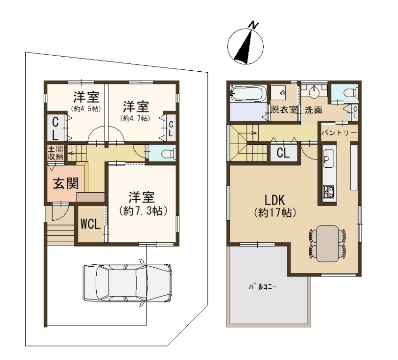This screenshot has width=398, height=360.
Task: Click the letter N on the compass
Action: click(x=253, y=25)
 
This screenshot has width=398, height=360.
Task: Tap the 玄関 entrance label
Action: click(x=66, y=183)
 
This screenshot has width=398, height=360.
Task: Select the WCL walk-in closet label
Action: click(x=91, y=224)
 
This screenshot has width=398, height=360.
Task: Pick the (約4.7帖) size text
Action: click(x=136, y=118)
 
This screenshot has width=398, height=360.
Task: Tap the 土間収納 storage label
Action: click(x=55, y=153)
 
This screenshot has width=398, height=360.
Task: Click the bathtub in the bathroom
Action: click(x=248, y=94)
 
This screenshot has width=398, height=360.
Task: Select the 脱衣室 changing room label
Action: click(x=284, y=110)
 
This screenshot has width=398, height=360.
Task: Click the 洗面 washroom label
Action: click(x=314, y=110)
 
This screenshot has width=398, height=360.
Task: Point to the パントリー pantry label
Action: click(x=339, y=133)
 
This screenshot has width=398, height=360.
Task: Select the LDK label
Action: click(x=275, y=200)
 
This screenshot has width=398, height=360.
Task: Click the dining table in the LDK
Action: click(x=328, y=243)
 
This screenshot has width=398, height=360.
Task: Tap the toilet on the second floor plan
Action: click(x=351, y=92)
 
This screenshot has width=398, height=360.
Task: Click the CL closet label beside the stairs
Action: click(x=283, y=153)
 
